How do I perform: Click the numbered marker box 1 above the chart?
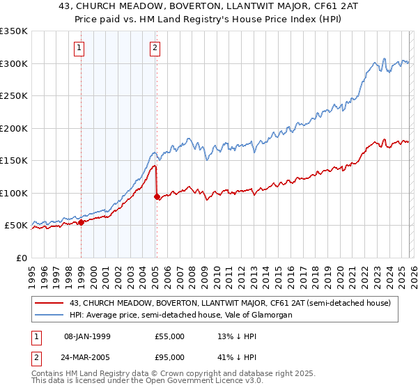80,48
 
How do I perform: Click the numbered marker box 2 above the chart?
155,48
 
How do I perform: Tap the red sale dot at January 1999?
81,222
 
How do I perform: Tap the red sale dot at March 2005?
157,196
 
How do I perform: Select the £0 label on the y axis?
21,258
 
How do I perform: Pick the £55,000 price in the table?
169,336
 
